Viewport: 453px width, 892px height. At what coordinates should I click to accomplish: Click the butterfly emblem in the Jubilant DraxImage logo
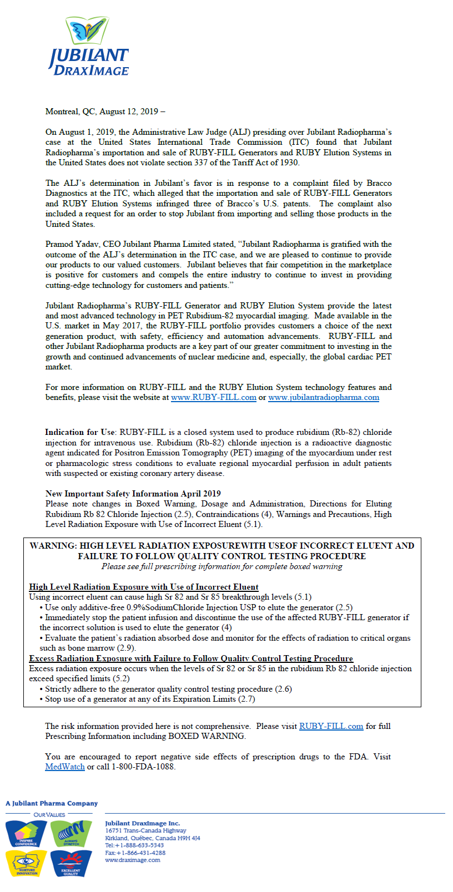[x=87, y=31]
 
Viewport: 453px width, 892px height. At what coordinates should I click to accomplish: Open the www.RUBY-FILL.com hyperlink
[x=214, y=397]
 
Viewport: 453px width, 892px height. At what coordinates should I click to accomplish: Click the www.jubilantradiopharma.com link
[x=324, y=397]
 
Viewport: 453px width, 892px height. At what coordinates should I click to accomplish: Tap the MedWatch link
[x=65, y=767]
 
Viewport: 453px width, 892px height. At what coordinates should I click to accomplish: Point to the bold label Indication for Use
[x=80, y=432]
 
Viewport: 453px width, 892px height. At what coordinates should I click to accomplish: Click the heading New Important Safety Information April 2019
[x=133, y=494]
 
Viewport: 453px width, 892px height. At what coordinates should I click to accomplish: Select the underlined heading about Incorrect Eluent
[x=144, y=587]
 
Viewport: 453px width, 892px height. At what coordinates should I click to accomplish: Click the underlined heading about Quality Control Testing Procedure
[x=191, y=658]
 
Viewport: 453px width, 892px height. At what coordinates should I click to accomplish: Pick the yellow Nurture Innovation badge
[x=26, y=863]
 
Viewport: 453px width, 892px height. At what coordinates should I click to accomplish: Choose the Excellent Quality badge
[x=71, y=864]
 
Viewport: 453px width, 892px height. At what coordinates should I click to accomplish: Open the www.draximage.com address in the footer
[x=133, y=860]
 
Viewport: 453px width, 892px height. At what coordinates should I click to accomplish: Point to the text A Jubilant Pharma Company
[x=52, y=803]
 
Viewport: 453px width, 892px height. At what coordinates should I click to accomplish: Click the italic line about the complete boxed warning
[x=222, y=566]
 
